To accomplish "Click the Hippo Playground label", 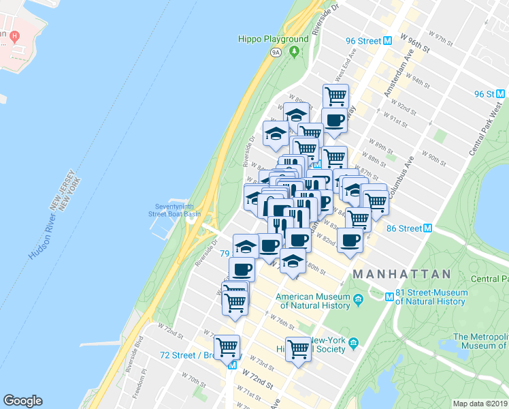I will pyautogui.click(x=274, y=39).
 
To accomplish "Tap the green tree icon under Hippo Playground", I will pyautogui.click(x=294, y=50).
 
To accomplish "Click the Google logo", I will pyautogui.click(x=22, y=401).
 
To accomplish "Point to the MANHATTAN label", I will pyautogui.click(x=401, y=274).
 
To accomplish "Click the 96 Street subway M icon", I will pyautogui.click(x=387, y=40).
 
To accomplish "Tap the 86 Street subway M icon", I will pyautogui.click(x=427, y=228).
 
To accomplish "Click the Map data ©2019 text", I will pyautogui.click(x=480, y=404).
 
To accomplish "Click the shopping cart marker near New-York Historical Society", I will pyautogui.click(x=298, y=349).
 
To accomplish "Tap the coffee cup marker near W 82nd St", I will pyautogui.click(x=350, y=240).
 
